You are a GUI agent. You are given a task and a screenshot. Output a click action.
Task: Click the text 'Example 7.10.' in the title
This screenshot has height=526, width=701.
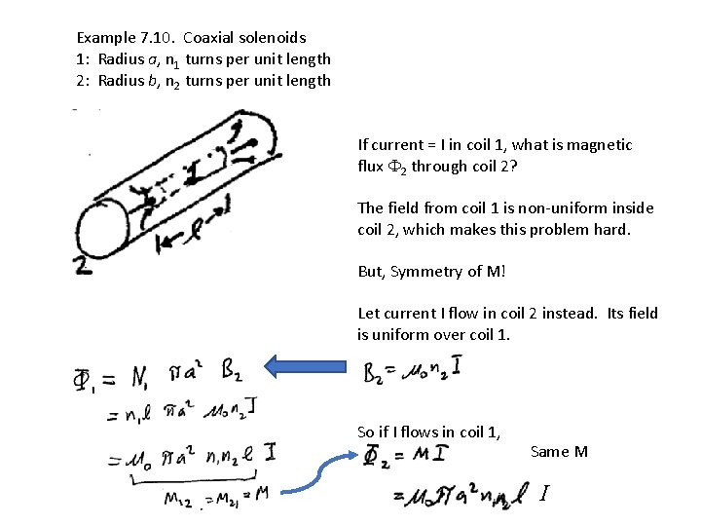click(x=125, y=38)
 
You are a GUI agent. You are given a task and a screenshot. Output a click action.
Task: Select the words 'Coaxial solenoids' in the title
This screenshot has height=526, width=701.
click(x=244, y=38)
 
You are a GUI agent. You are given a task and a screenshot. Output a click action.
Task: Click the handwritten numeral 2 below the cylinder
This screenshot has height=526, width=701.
click(x=85, y=265)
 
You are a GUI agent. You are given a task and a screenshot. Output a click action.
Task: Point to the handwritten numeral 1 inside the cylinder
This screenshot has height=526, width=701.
click(x=191, y=173)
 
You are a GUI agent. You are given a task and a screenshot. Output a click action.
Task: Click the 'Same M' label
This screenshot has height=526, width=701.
click(x=559, y=451)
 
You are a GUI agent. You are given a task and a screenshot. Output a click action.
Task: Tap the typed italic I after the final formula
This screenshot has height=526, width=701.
click(x=543, y=495)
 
